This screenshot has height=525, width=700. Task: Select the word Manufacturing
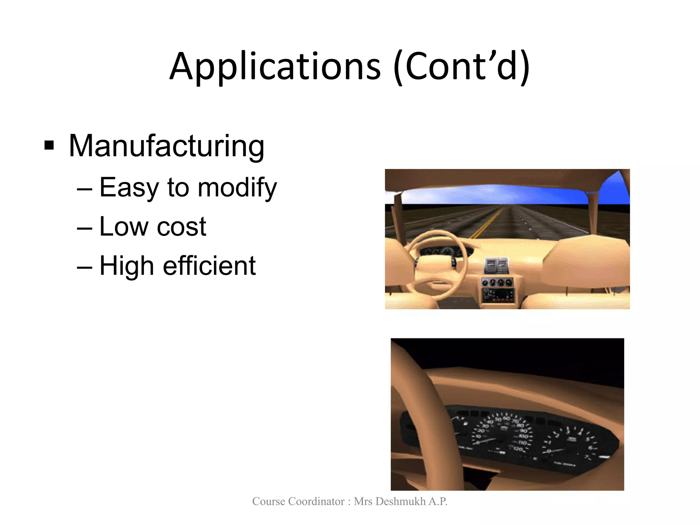tap(166, 146)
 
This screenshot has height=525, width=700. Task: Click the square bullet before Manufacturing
tap(49, 145)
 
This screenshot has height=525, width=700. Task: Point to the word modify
tap(237, 188)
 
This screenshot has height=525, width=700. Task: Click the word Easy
tap(129, 188)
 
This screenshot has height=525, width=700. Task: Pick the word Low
tap(124, 227)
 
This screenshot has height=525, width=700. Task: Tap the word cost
tap(181, 227)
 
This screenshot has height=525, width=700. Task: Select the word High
tap(126, 266)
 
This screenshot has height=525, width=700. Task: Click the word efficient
tap(209, 266)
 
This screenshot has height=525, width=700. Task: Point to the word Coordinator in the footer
tap(317, 501)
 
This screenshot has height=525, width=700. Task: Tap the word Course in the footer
tap(269, 501)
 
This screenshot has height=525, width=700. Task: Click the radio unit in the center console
tap(498, 295)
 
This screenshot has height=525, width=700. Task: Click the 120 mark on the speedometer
tap(518, 449)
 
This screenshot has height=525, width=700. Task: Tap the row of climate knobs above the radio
tap(497, 282)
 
